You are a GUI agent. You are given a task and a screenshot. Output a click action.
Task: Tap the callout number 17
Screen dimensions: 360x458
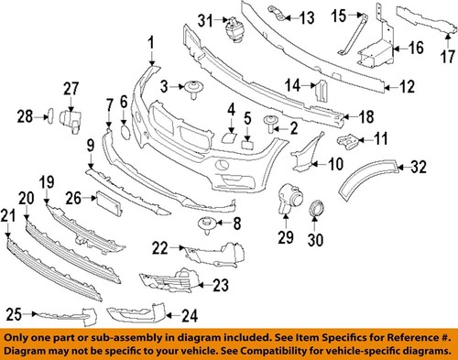click(448, 56)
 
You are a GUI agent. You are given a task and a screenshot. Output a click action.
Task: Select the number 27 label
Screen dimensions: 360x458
click(71, 89)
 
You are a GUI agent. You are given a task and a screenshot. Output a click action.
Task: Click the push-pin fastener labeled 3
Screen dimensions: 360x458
click(193, 88)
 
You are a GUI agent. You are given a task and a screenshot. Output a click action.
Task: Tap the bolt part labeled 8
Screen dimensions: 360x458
click(205, 224)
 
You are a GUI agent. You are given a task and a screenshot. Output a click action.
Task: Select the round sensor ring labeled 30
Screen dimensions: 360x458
click(317, 210)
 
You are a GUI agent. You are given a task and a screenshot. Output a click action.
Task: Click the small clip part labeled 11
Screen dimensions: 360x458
click(347, 141)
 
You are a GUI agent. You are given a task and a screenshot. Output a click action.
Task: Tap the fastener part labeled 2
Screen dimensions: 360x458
click(272, 121)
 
